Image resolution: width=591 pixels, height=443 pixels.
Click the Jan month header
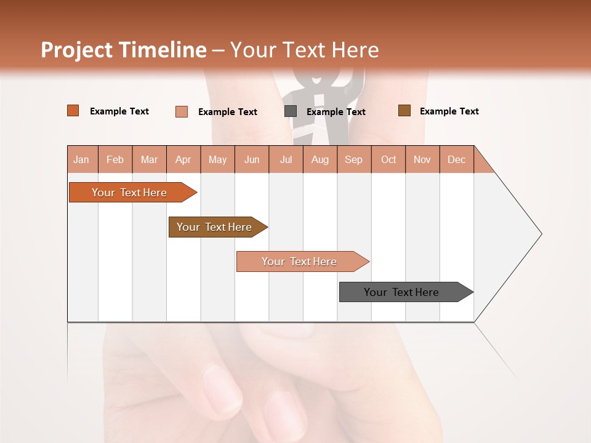[x=81, y=160]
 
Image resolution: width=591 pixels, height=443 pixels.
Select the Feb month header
[x=115, y=160]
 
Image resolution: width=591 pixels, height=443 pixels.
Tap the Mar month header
[x=149, y=160]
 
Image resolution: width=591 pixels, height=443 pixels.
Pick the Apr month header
[x=183, y=160]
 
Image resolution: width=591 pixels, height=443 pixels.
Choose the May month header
[x=217, y=160]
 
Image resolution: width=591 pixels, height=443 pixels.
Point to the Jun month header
[x=252, y=160]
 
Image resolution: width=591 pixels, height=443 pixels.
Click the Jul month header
[x=286, y=160]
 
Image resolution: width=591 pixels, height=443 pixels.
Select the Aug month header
[x=320, y=160]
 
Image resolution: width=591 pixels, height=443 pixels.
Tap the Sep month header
[x=354, y=160]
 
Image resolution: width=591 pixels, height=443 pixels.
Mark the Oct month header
[x=388, y=160]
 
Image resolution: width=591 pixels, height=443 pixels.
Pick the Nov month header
[x=422, y=160]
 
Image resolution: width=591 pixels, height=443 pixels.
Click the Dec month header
[x=457, y=160]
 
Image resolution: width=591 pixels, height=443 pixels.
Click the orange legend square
[x=73, y=111]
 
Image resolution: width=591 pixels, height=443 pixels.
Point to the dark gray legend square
[x=291, y=111]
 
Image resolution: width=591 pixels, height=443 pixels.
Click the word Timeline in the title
[x=162, y=50]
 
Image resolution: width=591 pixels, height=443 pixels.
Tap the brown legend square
[x=404, y=111]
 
